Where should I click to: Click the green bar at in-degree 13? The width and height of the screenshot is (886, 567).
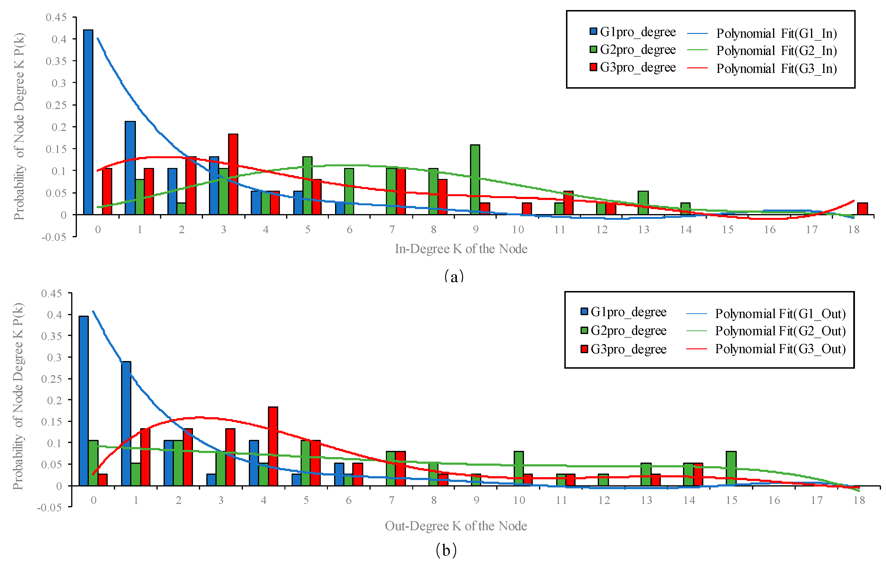[x=643, y=203]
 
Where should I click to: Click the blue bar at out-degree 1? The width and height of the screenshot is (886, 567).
[x=126, y=423]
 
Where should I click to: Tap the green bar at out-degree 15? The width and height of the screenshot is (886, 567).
[x=731, y=468]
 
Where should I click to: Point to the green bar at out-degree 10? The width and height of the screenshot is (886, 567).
[x=518, y=468]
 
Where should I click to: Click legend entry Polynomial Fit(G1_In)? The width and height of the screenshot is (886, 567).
[x=776, y=33]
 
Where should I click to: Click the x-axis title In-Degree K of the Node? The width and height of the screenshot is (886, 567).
[x=461, y=249]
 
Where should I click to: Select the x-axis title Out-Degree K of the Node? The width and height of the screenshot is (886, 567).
[x=456, y=526]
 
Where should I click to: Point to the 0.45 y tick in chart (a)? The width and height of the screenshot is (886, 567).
[x=56, y=17]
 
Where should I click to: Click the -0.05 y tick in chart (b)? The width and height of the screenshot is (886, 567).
[x=49, y=507]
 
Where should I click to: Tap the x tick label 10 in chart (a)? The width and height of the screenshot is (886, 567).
[x=518, y=230]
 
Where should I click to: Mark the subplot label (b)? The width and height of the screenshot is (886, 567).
[x=446, y=551]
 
